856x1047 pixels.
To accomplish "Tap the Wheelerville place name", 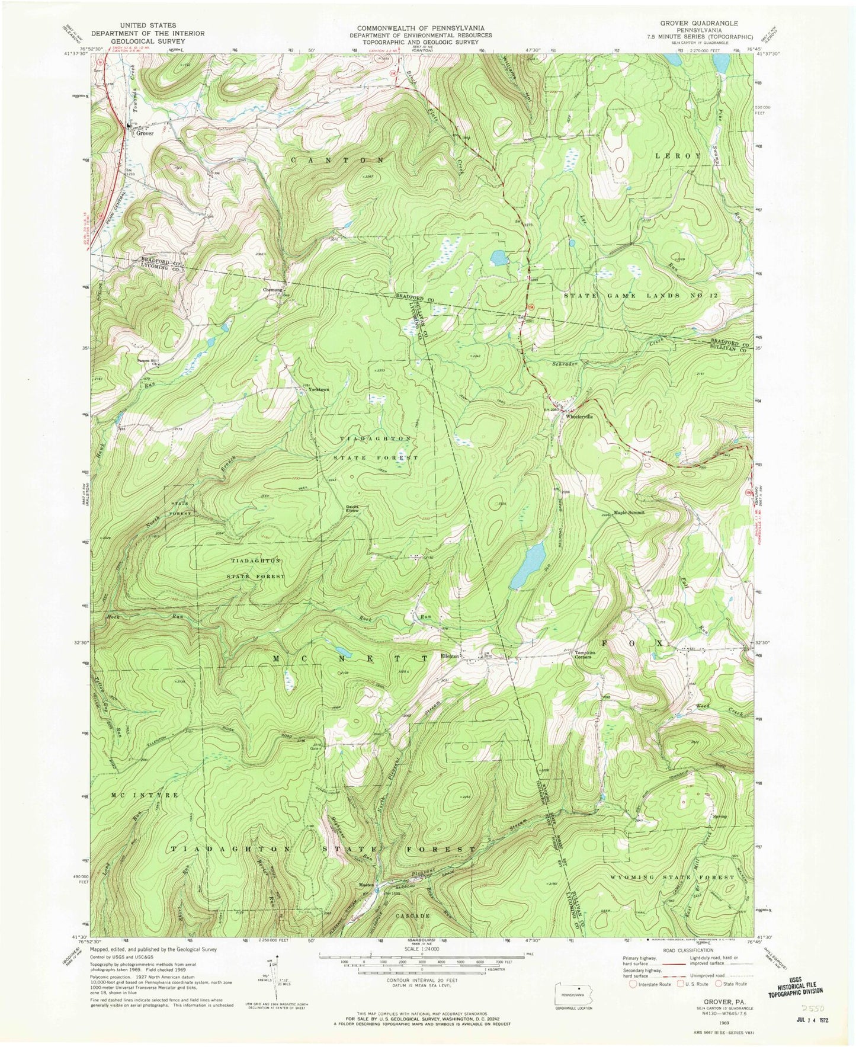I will (x=579, y=416).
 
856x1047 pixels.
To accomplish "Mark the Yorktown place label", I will (x=318, y=390).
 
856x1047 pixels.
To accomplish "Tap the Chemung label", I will (x=272, y=290).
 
